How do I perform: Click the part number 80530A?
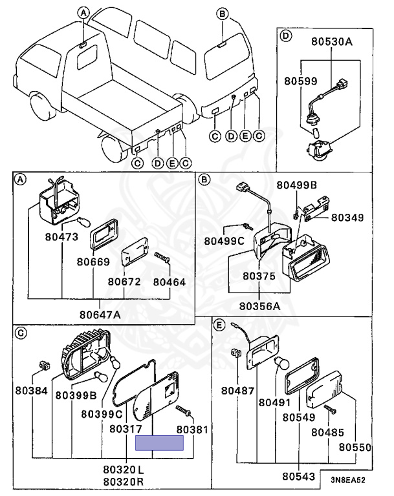(332, 43)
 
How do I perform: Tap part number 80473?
(61, 237)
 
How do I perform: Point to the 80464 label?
(170, 282)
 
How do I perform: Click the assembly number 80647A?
(100, 315)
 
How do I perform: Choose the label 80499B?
(297, 185)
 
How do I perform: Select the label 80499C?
(224, 241)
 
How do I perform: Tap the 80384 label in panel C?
(32, 391)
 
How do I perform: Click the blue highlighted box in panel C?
(159, 442)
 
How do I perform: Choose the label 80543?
(298, 477)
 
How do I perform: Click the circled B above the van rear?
(222, 12)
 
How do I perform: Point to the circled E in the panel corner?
(219, 325)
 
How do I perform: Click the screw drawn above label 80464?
(162, 257)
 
